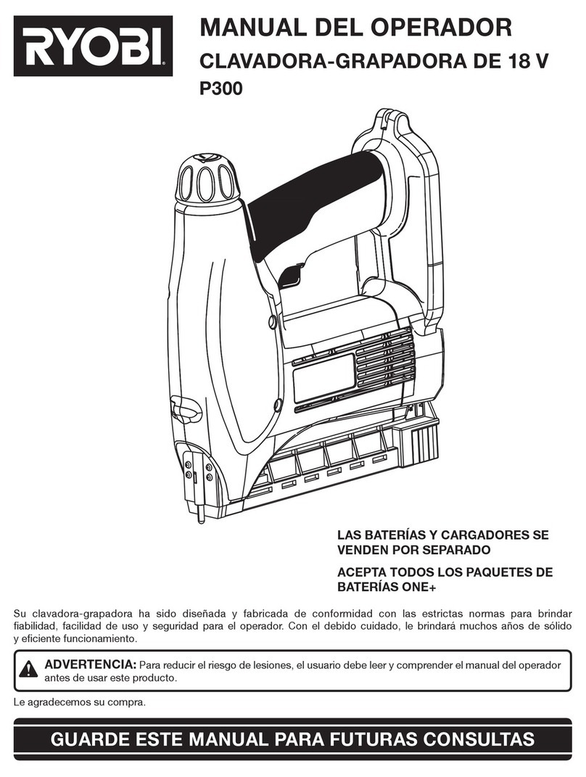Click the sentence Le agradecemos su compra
point(80,702)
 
